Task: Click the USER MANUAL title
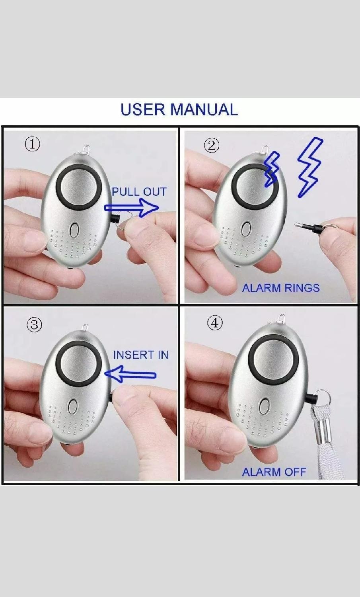[x=179, y=109]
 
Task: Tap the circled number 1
[x=33, y=144]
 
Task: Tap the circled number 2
[x=212, y=146]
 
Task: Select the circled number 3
[x=34, y=326]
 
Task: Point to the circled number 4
[x=215, y=323]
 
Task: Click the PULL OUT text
[x=139, y=191]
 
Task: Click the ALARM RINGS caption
[x=281, y=288]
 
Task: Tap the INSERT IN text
[x=141, y=355]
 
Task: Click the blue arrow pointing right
[x=131, y=208]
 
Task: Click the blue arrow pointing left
[x=130, y=375]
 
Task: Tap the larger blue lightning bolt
[x=309, y=168]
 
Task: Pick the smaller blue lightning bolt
[x=271, y=170]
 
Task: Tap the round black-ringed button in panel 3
[x=79, y=363]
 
